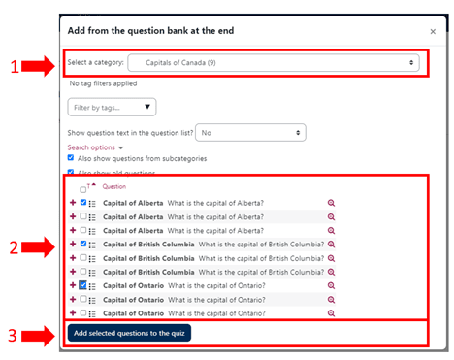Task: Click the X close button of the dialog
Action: [x=433, y=32]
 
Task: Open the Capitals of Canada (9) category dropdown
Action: [x=274, y=63]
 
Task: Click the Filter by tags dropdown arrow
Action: [x=147, y=107]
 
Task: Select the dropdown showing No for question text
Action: [x=250, y=133]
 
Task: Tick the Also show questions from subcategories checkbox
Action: [x=71, y=158]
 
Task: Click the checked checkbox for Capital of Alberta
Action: [x=83, y=202]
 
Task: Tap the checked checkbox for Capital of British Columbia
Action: [x=83, y=244]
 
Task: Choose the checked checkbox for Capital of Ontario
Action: [x=83, y=285]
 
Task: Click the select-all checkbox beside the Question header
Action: [x=82, y=189]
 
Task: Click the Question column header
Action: [x=114, y=186]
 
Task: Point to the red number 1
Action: [x=15, y=67]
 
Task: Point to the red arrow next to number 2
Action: [x=38, y=247]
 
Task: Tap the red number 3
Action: [x=13, y=336]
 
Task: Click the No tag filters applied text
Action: [x=103, y=83]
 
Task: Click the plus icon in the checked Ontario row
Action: [x=73, y=285]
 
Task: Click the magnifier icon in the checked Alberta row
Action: [x=331, y=203]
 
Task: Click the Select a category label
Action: [x=95, y=62]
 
